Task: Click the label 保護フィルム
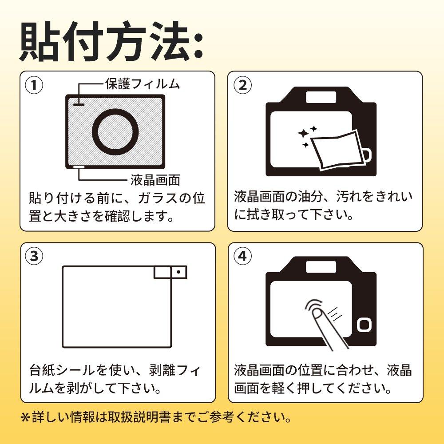143,83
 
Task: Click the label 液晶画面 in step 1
155,180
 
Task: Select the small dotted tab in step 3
178,272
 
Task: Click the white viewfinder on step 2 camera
321,95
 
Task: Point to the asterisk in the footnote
25,417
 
